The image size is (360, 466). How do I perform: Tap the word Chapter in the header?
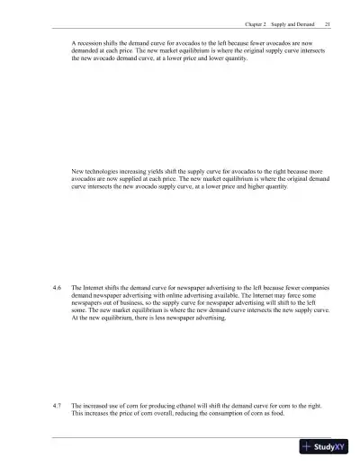(x=255, y=25)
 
